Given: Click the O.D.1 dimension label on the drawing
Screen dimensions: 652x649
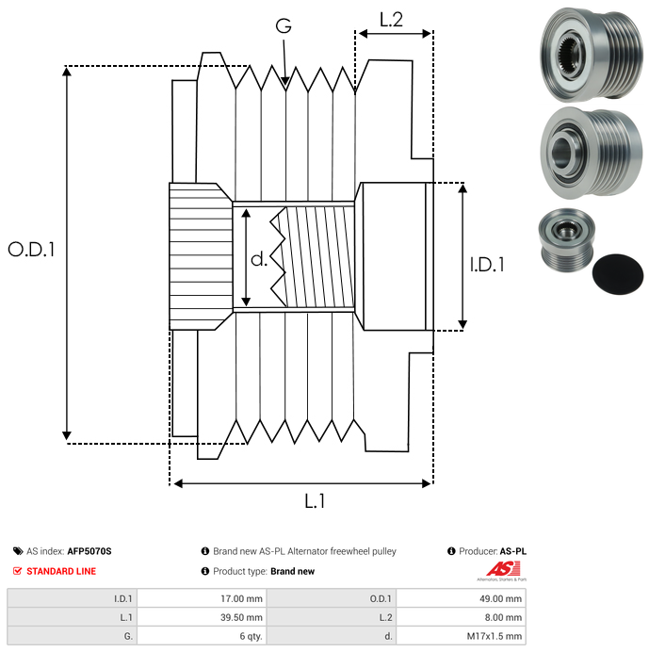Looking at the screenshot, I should tap(32, 251).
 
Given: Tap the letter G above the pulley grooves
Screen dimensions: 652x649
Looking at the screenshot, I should tap(284, 26).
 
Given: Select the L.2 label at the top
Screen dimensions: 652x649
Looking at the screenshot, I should tap(391, 19).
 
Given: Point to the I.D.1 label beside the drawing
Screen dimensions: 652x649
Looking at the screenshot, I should tap(488, 266).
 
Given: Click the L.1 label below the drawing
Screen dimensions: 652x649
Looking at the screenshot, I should tap(315, 502).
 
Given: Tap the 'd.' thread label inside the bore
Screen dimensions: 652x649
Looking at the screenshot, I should tap(259, 258).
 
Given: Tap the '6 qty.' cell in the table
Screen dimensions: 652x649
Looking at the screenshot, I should tap(250, 636).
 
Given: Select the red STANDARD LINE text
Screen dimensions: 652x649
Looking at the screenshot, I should tap(60, 571).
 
